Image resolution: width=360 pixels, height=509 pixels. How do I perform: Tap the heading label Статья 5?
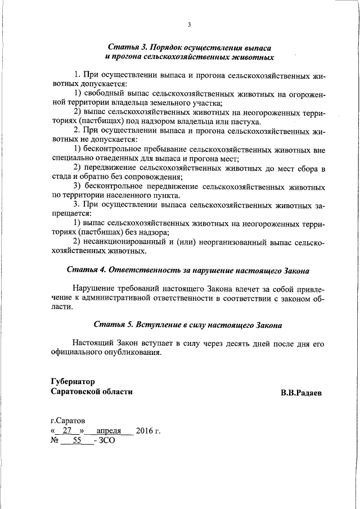(112, 325)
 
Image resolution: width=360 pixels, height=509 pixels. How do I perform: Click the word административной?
(120, 298)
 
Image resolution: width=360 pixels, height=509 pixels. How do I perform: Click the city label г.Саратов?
(67, 421)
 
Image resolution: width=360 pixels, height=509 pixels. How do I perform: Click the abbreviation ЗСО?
(106, 442)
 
